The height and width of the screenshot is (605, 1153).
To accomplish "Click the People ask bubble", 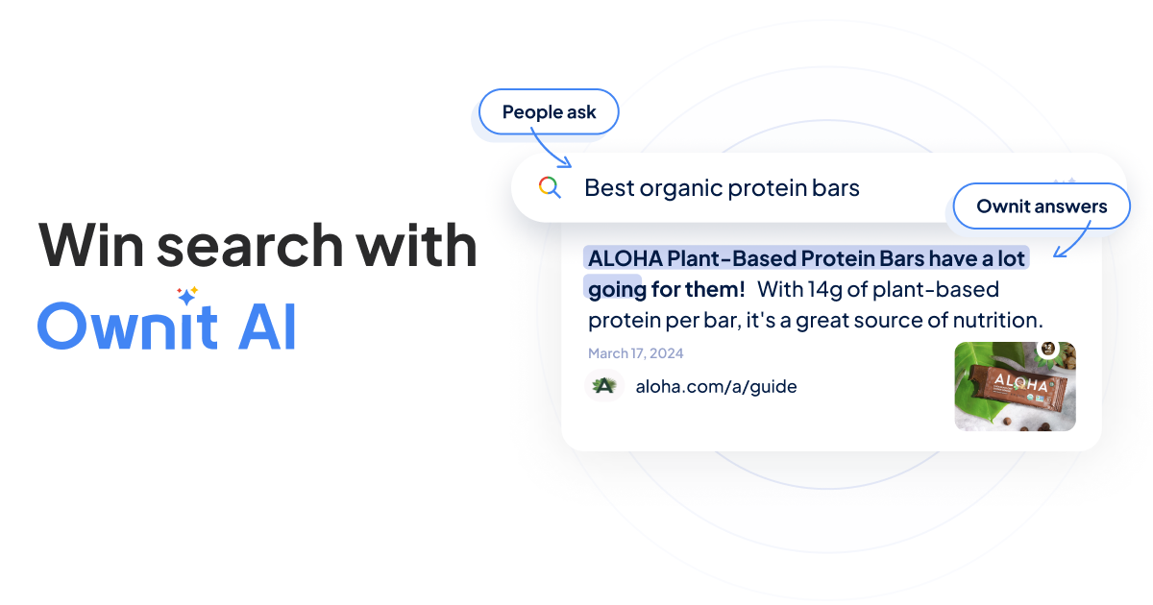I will click(x=549, y=112).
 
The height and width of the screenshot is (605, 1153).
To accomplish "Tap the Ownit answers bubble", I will click(x=1041, y=206).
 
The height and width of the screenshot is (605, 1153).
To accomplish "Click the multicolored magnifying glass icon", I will click(x=550, y=187).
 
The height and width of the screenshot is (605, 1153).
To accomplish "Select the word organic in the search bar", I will click(x=677, y=188).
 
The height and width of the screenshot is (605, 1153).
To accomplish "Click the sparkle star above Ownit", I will click(x=186, y=296).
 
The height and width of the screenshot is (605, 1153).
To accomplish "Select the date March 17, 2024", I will click(x=635, y=353).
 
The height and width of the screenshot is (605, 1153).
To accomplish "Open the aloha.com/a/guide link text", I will click(x=716, y=387).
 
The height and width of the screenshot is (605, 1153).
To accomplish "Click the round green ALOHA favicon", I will click(x=604, y=386).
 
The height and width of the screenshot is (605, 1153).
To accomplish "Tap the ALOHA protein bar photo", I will click(x=1015, y=386).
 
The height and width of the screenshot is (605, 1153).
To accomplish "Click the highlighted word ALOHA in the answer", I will click(x=624, y=258).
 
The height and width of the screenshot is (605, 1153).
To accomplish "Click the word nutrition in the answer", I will click(x=996, y=320).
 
